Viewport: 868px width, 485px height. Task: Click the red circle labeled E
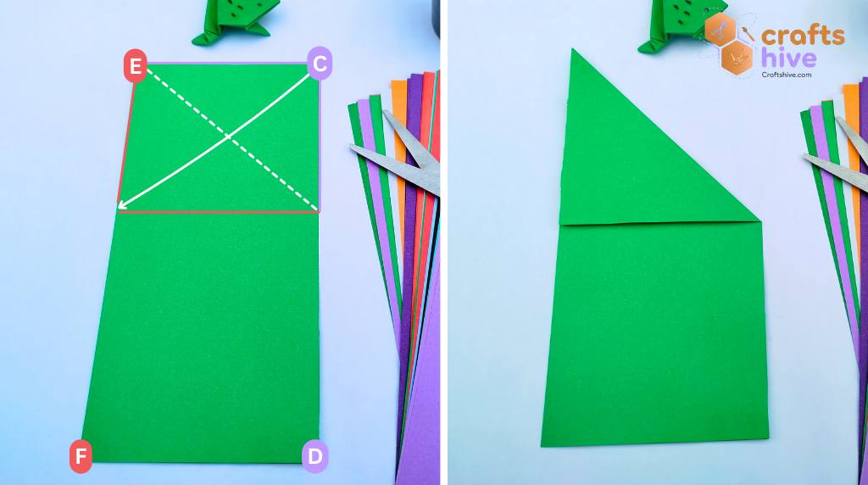(x=136, y=66)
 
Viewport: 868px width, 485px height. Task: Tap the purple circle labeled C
(x=320, y=64)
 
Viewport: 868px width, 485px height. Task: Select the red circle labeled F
(x=81, y=457)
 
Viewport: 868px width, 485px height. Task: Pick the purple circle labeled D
(x=314, y=456)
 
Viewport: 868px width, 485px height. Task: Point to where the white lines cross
(x=228, y=136)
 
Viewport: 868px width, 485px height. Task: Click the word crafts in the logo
(x=802, y=36)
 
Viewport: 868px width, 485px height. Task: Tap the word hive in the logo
(x=788, y=58)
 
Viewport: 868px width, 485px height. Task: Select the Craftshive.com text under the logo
(x=787, y=75)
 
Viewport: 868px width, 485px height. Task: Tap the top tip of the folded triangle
(x=573, y=50)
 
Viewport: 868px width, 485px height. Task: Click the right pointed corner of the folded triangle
(x=759, y=219)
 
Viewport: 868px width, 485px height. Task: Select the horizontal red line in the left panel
(x=219, y=212)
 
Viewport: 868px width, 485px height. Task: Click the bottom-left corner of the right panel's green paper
(x=542, y=444)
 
